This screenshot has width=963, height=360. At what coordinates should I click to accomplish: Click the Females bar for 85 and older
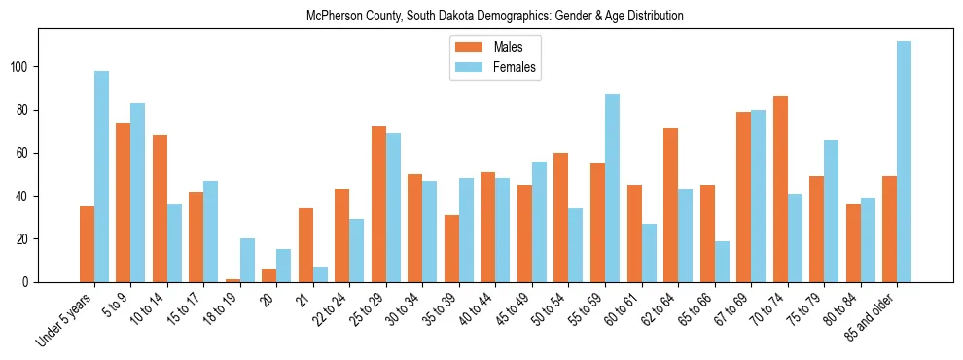(x=904, y=162)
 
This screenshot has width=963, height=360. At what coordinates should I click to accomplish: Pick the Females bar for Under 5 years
(x=101, y=176)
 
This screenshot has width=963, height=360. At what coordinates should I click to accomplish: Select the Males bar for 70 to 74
(x=780, y=189)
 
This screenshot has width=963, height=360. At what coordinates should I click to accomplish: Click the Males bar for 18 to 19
(x=232, y=280)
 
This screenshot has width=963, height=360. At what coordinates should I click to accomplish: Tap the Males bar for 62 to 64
(x=670, y=205)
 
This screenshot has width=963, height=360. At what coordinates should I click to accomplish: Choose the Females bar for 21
(x=320, y=274)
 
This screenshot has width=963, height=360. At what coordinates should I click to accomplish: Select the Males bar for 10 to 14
(x=160, y=208)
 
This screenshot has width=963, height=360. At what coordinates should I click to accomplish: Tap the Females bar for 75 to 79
(x=831, y=211)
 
